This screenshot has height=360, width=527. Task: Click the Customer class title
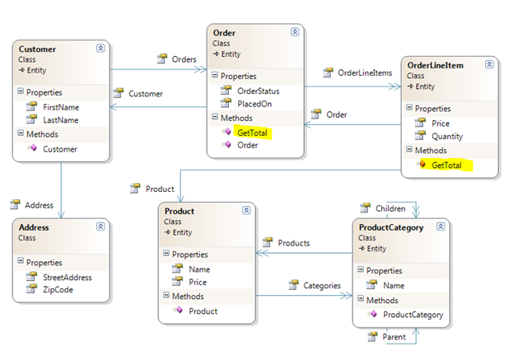coord(37,49)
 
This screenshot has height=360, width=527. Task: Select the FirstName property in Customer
coord(61,107)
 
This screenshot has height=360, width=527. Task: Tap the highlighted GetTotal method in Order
coord(253,133)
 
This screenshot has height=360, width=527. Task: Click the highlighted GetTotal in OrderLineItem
coord(446,165)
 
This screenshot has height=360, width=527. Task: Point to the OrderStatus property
coord(258,91)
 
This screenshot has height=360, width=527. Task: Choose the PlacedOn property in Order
coord(254,104)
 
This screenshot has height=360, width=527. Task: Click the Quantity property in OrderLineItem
coord(447,136)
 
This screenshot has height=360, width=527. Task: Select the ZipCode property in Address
coord(58,289)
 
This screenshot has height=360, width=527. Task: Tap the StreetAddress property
coord(68,278)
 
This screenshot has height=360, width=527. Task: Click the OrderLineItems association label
coord(365,73)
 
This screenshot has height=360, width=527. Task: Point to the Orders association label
coord(184,59)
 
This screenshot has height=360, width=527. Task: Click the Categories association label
coord(322,285)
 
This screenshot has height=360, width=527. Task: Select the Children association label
coord(390,208)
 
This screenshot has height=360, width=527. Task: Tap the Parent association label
coord(394,337)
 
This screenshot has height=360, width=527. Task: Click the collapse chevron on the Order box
coord(295,32)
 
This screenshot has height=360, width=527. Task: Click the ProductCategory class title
coord(391,227)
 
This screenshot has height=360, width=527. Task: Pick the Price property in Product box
coord(198,282)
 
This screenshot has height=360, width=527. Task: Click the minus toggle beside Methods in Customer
coord(21,133)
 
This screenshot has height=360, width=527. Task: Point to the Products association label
coord(294,243)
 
